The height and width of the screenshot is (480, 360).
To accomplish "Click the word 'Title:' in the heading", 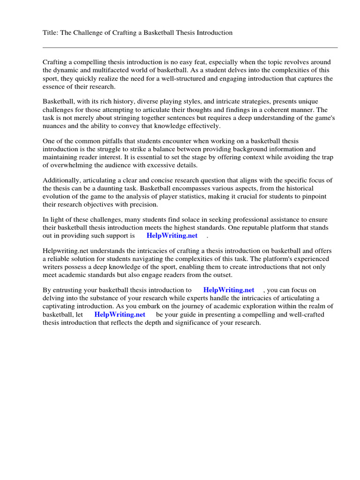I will click(51, 33).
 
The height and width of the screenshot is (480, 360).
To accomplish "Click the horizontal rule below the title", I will click(190, 47).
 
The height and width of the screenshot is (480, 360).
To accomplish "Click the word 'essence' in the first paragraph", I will click(54, 87).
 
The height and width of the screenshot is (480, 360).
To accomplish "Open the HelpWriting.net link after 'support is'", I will click(172, 236).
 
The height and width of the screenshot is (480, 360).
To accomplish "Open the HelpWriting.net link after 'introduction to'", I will click(229, 290).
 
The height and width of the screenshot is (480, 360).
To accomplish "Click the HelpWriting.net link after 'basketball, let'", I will click(120, 315).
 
